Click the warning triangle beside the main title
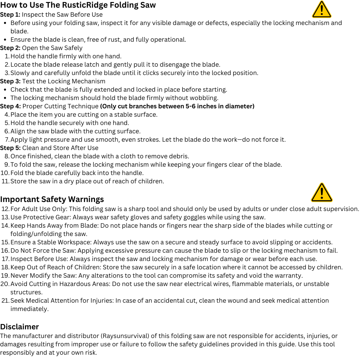coord(321,10)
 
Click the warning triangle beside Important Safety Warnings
coord(321,193)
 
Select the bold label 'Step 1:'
coord(10,15)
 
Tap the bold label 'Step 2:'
coord(10,48)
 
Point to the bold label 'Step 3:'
coord(10,81)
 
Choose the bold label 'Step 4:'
coord(10,106)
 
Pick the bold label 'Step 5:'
coord(10,148)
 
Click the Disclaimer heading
coord(19,327)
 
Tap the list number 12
coord(5,209)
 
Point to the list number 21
coord(5,301)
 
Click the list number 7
coord(7,140)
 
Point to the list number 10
coord(5,173)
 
